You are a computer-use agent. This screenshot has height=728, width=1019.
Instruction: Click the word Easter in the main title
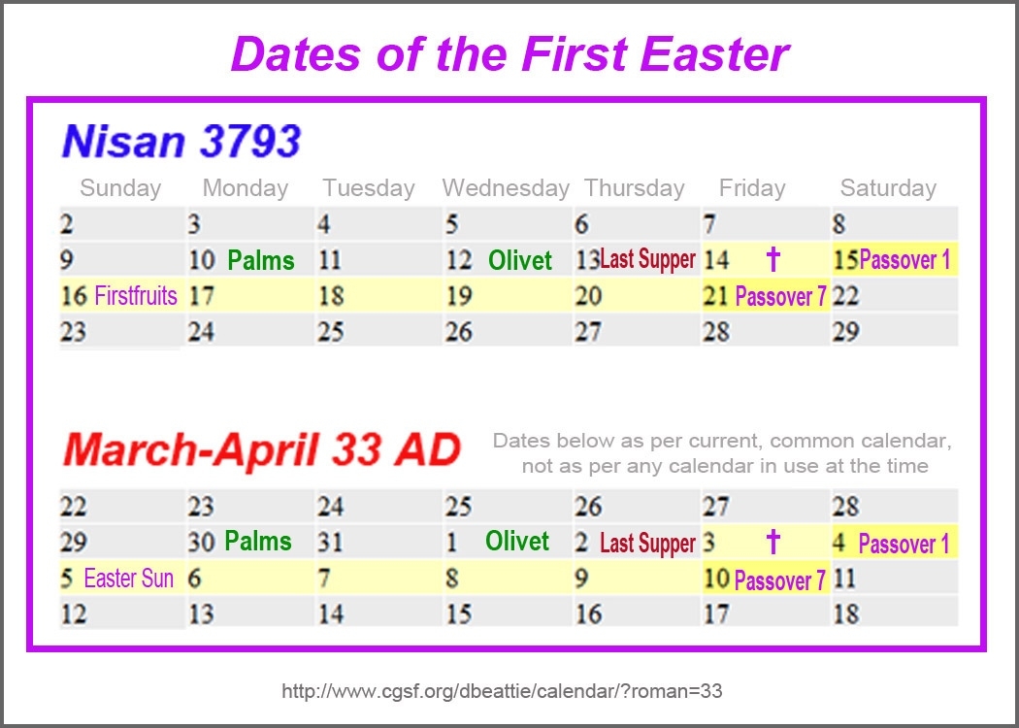click(x=714, y=53)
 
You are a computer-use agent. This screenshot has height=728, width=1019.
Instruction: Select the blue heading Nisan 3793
click(x=181, y=141)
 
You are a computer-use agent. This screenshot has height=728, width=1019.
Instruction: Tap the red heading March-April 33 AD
click(x=262, y=449)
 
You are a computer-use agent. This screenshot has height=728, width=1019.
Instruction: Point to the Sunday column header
click(x=120, y=188)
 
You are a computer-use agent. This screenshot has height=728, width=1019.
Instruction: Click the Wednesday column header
click(x=506, y=188)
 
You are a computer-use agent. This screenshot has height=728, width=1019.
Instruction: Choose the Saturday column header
click(x=888, y=188)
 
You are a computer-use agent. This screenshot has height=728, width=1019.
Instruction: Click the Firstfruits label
click(x=136, y=296)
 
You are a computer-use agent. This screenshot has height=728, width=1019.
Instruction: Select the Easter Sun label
click(x=129, y=578)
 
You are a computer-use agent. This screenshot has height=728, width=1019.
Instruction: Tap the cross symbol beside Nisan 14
click(x=772, y=259)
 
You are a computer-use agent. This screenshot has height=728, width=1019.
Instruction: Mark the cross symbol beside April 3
click(x=772, y=541)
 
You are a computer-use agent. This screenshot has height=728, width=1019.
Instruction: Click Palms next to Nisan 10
click(x=261, y=261)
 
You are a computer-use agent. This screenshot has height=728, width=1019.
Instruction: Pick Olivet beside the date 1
click(x=517, y=541)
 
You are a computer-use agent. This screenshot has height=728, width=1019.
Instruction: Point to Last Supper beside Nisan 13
click(x=648, y=259)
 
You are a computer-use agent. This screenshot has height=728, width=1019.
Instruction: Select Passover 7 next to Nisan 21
click(x=780, y=297)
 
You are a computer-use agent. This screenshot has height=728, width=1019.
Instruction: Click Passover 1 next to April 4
click(x=904, y=544)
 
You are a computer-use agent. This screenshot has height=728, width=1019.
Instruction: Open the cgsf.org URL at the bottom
click(x=502, y=691)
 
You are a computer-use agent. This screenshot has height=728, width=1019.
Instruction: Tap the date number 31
click(x=330, y=542)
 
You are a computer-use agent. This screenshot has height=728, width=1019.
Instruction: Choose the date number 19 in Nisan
click(x=458, y=296)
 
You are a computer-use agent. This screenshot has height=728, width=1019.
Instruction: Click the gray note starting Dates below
click(x=723, y=453)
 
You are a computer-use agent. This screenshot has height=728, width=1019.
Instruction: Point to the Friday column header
click(x=752, y=188)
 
